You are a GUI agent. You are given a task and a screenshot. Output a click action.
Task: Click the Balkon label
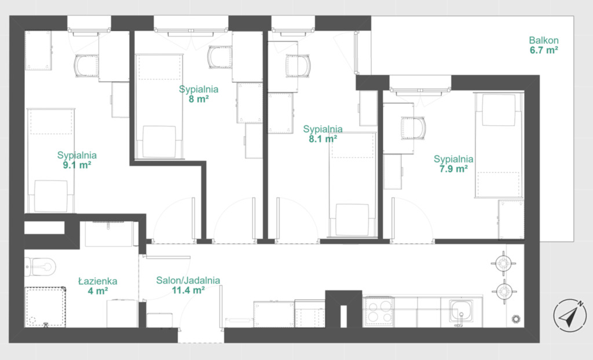coord(544,40)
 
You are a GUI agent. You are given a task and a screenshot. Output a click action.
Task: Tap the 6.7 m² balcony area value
coord(544,50)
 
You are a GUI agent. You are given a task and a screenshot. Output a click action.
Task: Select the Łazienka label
coord(97,281)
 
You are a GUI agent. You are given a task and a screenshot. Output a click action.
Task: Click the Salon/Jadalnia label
coord(188,281)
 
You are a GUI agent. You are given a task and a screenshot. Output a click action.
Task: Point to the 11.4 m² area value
coord(188,291)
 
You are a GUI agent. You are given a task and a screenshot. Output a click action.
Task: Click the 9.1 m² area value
coord(77,165)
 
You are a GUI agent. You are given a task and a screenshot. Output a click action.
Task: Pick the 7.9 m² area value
coord(453,168)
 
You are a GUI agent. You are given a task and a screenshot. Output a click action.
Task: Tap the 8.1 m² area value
coord(323,139)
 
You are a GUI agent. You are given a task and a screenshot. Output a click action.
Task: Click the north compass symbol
coord(570,315)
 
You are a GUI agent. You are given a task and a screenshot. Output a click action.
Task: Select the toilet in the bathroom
coord(40,267)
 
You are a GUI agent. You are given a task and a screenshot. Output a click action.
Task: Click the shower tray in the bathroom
coord(45,307)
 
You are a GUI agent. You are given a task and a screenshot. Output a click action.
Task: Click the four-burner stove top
coord(379,311)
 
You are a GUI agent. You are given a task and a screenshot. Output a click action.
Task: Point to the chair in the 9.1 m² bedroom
coord(87,66)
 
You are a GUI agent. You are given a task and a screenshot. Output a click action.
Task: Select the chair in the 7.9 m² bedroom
coord(413,128)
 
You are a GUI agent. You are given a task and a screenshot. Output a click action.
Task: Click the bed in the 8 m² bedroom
coord(159,106)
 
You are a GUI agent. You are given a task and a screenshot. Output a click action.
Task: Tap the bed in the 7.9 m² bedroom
coord(499,145)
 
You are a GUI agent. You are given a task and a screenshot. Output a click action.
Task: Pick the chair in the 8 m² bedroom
coord(219,57)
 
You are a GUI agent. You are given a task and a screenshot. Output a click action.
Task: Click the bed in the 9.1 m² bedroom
coord(51,161)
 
